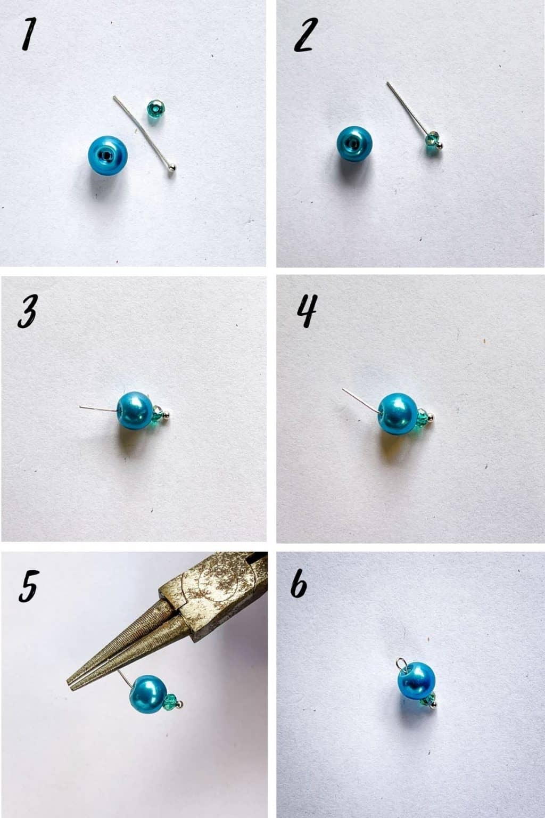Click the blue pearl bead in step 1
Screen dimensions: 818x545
click(x=108, y=155)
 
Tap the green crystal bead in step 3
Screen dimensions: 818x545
click(x=158, y=413)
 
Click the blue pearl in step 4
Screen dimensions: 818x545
click(x=398, y=413)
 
